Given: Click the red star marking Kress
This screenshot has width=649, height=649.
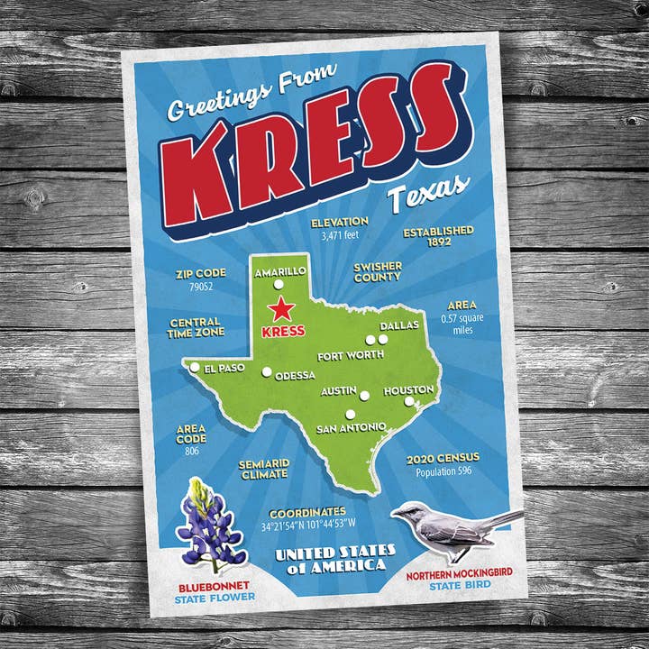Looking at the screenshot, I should click(x=282, y=309).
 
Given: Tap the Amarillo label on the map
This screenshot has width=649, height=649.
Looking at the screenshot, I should click(x=279, y=270).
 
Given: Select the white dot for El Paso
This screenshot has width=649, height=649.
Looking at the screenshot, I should click(x=194, y=367).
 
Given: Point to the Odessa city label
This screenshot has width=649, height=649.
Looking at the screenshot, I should click(x=296, y=375).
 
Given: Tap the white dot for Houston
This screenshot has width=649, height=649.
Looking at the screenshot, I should click(x=409, y=402).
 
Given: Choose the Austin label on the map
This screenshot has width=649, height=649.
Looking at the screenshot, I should click(x=340, y=391).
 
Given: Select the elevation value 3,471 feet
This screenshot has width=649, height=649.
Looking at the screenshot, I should click(x=339, y=236).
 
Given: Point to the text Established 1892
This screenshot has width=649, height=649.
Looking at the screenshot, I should click(x=438, y=236).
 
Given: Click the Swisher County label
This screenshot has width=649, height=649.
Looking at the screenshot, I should click(x=378, y=272).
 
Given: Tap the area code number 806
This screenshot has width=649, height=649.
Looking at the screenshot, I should click(x=191, y=451).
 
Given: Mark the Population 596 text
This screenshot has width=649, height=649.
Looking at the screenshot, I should click(x=447, y=471).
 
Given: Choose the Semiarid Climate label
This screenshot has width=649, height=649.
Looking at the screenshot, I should click(x=263, y=470).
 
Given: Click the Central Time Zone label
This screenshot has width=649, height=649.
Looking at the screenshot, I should click(x=196, y=327).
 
